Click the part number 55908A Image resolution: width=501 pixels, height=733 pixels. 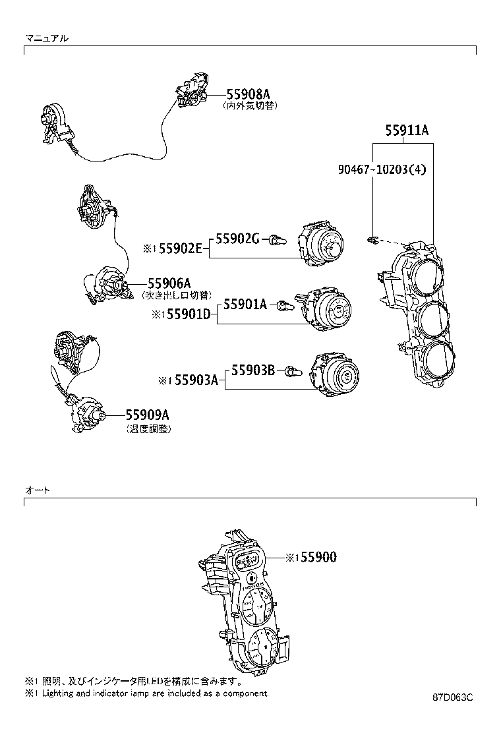tap(248, 94)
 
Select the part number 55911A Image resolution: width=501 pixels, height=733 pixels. tap(407, 131)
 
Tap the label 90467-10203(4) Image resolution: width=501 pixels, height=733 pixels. tap(382, 170)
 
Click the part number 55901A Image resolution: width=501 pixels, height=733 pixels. tap(245, 304)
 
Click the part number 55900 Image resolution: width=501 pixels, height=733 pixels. tap(318, 557)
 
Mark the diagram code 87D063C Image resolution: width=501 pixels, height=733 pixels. tap(453, 697)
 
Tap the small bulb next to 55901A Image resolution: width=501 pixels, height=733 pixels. tap(284, 305)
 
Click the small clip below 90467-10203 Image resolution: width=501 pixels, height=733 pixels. tap(374, 240)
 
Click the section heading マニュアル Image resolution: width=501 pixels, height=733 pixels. tap(45, 38)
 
